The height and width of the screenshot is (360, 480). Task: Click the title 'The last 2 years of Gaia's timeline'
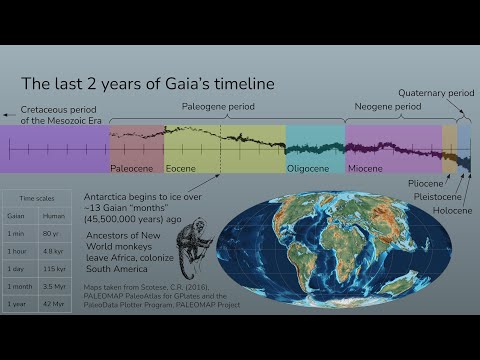pyautogui.click(x=148, y=84)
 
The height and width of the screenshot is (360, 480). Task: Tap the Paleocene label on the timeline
pyautogui.click(x=131, y=169)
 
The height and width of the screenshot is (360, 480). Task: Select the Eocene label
pyautogui.click(x=181, y=169)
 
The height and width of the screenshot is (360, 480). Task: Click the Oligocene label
pyautogui.click(x=308, y=169)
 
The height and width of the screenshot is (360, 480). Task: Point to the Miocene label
pyautogui.click(x=365, y=169)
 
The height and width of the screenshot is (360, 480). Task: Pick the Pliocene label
pyautogui.click(x=429, y=184)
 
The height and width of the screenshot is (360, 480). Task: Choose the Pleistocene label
pyautogui.click(x=437, y=197)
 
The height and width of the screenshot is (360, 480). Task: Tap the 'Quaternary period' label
pyautogui.click(x=435, y=92)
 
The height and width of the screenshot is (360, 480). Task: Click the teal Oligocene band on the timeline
pyautogui.click(x=315, y=148)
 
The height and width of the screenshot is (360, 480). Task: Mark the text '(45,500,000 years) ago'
pyautogui.click(x=132, y=219)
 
